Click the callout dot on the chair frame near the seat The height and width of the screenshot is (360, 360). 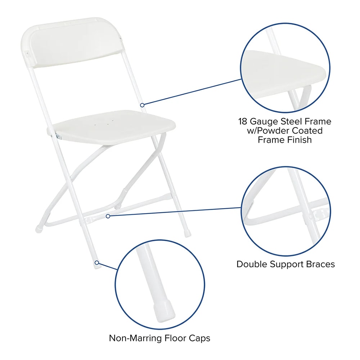tap(142, 105)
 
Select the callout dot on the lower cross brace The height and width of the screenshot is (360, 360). tap(108, 216)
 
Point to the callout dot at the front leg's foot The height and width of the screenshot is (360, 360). tap(97, 262)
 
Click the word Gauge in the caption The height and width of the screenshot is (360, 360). tap(265, 122)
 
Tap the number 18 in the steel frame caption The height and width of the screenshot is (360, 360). tap(242, 121)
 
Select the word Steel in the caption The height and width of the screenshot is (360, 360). tap(293, 121)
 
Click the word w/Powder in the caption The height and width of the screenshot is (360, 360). tap(268, 131)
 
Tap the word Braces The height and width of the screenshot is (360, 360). tap(321, 264)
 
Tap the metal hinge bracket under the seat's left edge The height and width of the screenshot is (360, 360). tap(58, 136)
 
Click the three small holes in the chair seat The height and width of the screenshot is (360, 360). tap(104, 123)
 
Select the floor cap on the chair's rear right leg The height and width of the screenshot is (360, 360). tap(187, 234)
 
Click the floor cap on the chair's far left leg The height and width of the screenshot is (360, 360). tap(39, 229)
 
